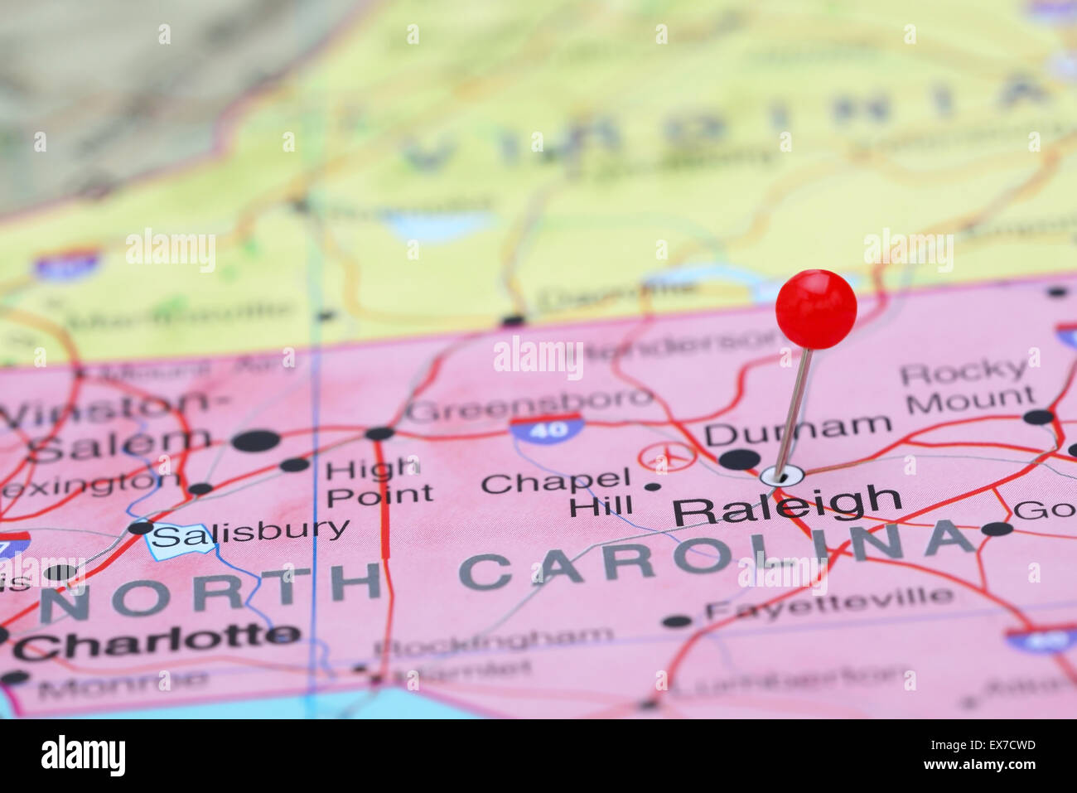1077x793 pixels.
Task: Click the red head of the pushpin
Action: click(815, 308)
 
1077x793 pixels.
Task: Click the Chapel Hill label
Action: click(557, 492)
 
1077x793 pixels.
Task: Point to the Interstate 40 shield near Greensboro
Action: click(545, 428)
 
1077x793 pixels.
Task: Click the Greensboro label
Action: click(529, 405)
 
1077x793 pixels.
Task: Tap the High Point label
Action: click(379, 481)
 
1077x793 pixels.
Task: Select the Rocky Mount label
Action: click(967, 386)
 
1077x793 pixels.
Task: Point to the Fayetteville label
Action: click(828, 602)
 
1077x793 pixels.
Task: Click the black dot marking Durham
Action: click(739, 459)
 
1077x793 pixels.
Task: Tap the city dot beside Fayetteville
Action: click(677, 621)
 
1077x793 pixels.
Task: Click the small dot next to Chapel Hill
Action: click(653, 486)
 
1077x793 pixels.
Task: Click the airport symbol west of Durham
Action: click(667, 457)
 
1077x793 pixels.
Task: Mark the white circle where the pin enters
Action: click(782, 476)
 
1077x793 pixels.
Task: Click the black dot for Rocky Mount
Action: click(1037, 417)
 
